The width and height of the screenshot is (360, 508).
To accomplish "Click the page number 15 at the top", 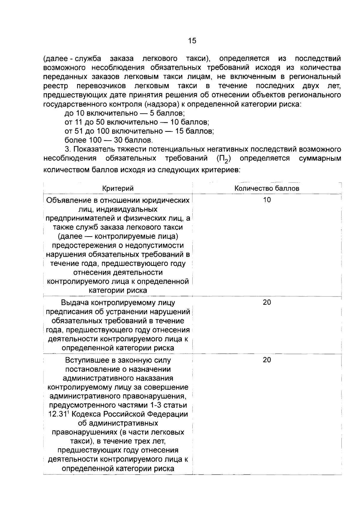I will [192, 41].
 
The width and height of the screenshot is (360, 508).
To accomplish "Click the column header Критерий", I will [118, 188].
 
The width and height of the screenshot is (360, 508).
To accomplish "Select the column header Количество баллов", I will [267, 188].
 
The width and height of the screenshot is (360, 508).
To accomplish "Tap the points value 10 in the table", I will [267, 200].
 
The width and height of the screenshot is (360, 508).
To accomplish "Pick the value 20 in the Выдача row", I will [267, 302].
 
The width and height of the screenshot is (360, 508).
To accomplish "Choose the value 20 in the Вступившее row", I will [267, 360].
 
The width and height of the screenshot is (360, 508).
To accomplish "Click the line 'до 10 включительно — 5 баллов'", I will [124, 113].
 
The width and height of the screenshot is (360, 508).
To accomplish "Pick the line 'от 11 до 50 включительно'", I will [137, 122].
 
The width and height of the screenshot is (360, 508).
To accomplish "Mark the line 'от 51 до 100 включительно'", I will [139, 131].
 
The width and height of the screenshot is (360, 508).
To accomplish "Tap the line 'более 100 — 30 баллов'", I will [109, 140].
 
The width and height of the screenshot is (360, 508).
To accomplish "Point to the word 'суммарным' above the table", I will [320, 158].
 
